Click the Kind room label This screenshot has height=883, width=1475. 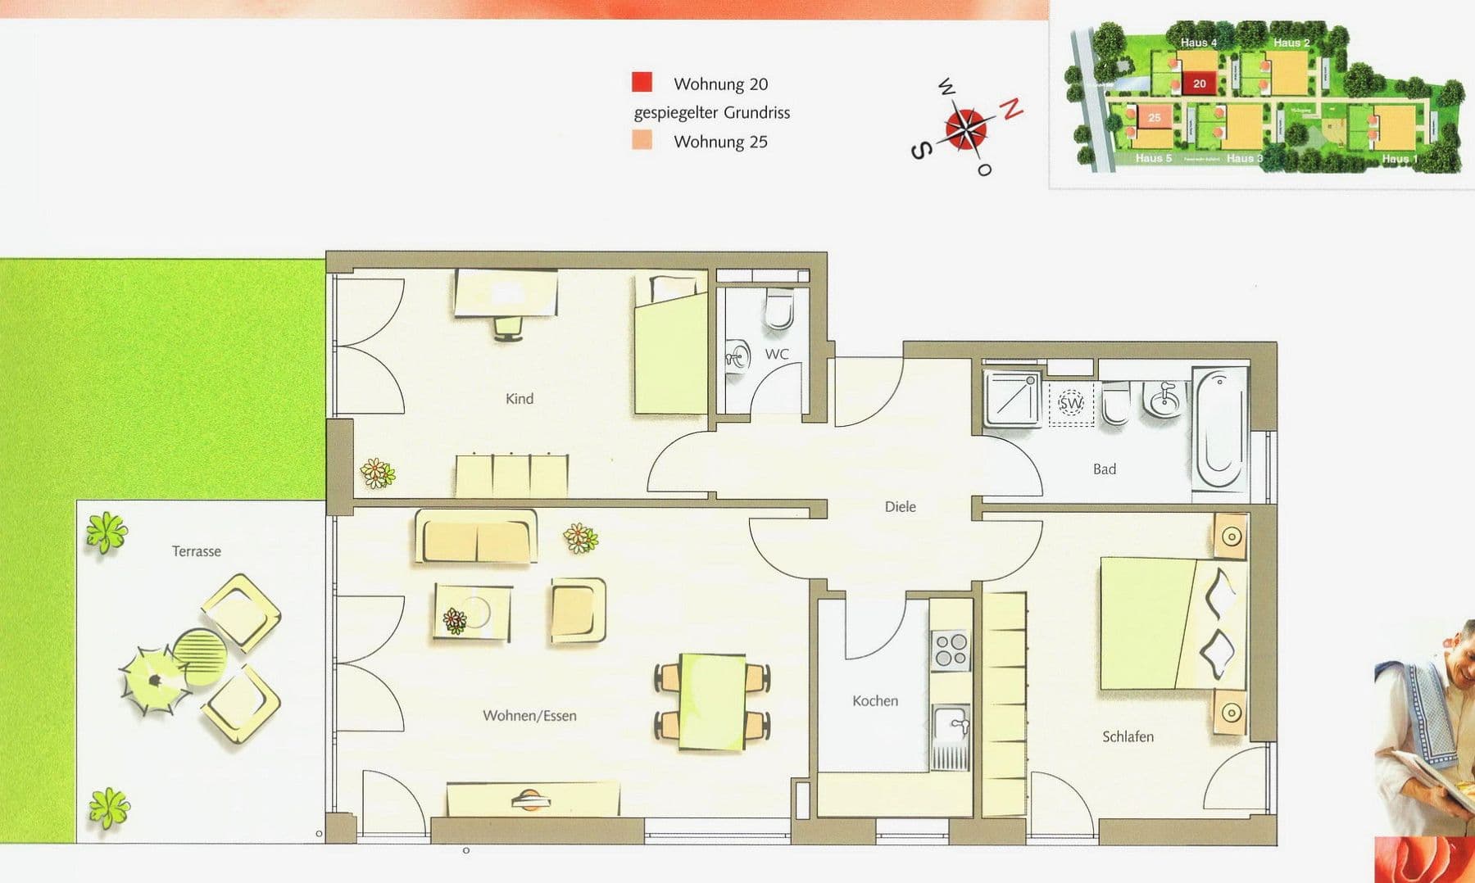[x=520, y=399]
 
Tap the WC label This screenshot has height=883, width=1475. [x=777, y=354]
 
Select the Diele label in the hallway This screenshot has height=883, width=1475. [x=900, y=507]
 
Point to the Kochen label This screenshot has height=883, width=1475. [x=875, y=701]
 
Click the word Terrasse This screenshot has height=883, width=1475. [x=197, y=551]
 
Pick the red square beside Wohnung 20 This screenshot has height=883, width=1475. [x=642, y=82]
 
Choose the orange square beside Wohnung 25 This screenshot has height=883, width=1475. [x=642, y=140]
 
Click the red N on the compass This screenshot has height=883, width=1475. [x=1013, y=108]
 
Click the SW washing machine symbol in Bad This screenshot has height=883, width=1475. [x=1071, y=403]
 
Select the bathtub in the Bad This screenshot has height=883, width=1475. [x=1219, y=430]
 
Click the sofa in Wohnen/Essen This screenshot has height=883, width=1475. [x=476, y=537]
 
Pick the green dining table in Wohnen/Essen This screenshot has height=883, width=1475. [x=712, y=701]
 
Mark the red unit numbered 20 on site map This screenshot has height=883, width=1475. [x=1199, y=84]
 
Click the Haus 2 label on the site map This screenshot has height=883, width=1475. [x=1291, y=43]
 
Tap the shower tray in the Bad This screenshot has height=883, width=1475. [x=1013, y=400]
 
